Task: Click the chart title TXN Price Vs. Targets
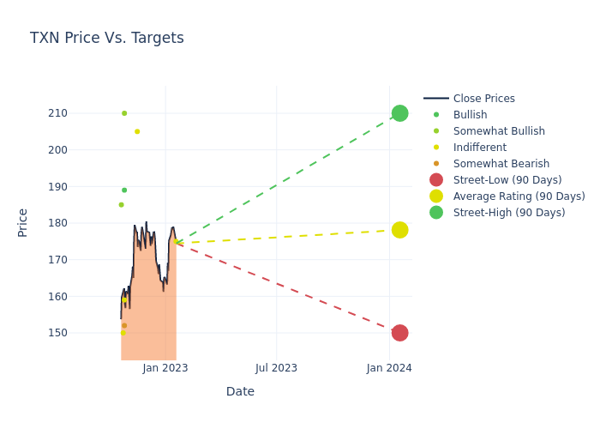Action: click(x=106, y=39)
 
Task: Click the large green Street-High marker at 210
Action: click(x=399, y=113)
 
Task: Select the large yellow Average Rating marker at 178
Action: click(x=399, y=230)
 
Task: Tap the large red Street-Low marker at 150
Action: click(x=399, y=333)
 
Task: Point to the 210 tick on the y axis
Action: click(x=81, y=113)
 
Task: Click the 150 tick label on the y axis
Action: click(x=81, y=333)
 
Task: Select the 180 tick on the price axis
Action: click(x=81, y=223)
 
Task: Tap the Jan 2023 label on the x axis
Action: click(x=165, y=368)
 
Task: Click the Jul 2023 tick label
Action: click(x=276, y=368)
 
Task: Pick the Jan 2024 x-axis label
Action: click(x=389, y=368)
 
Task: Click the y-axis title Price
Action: click(x=23, y=222)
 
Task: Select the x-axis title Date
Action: click(x=240, y=392)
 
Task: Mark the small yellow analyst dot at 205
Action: click(x=137, y=131)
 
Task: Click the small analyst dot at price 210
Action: click(x=124, y=113)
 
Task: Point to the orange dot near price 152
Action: click(x=124, y=326)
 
